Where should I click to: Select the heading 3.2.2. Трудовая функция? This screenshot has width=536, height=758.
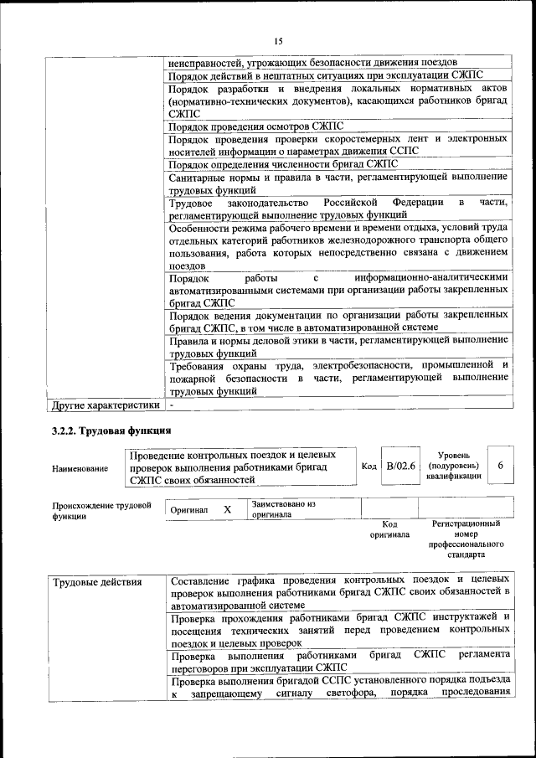(111, 431)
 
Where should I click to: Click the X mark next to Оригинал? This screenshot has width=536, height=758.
(227, 509)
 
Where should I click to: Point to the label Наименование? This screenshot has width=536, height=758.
(80, 468)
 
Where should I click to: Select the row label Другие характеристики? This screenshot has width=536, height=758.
(105, 406)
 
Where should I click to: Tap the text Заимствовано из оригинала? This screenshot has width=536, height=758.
(283, 509)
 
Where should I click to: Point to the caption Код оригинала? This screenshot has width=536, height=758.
(389, 529)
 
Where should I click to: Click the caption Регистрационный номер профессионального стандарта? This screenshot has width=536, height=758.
(466, 539)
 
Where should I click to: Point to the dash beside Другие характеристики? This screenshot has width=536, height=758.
(171, 405)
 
